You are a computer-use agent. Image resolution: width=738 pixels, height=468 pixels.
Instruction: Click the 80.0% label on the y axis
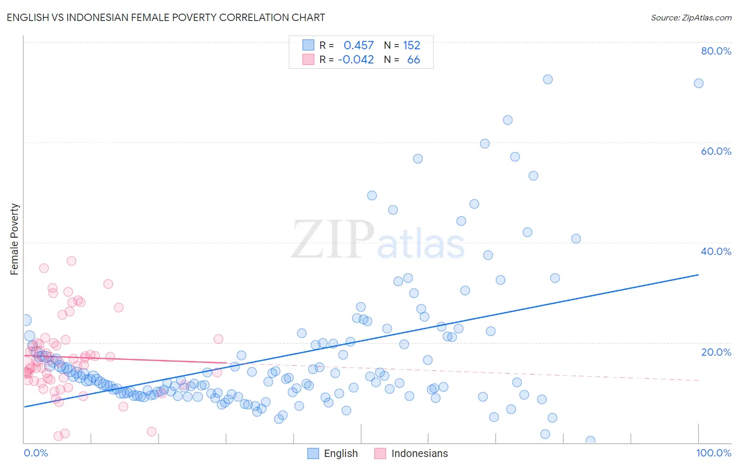point(716,51)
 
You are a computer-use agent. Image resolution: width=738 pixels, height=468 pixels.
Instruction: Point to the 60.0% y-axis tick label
point(716,151)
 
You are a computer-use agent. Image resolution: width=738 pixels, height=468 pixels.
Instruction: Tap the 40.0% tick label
point(716,251)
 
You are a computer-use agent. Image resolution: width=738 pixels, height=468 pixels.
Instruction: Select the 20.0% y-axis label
point(716,352)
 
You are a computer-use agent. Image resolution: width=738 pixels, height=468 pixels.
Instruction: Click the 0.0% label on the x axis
point(36,453)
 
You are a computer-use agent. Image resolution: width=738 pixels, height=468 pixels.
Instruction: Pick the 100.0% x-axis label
point(713,453)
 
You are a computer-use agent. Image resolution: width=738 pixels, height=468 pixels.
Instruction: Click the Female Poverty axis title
point(15,239)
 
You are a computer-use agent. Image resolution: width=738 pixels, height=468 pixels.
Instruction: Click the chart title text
point(166,17)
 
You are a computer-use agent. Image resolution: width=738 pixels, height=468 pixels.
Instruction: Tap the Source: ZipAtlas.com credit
point(691,17)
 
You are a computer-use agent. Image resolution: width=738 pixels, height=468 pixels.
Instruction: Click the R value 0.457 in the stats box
point(359,45)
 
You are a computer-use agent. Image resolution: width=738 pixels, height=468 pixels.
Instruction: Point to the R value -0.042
point(356,59)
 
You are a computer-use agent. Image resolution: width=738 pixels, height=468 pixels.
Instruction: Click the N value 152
point(412,45)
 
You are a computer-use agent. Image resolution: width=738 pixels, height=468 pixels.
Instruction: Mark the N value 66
point(414,59)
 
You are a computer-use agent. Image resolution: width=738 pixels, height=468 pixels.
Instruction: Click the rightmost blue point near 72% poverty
point(699,83)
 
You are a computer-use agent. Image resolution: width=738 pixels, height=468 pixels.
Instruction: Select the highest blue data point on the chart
point(547,79)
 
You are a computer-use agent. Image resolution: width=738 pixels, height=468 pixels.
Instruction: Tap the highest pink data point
point(71,261)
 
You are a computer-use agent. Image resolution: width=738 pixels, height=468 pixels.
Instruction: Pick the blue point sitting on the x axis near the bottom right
point(591,441)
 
